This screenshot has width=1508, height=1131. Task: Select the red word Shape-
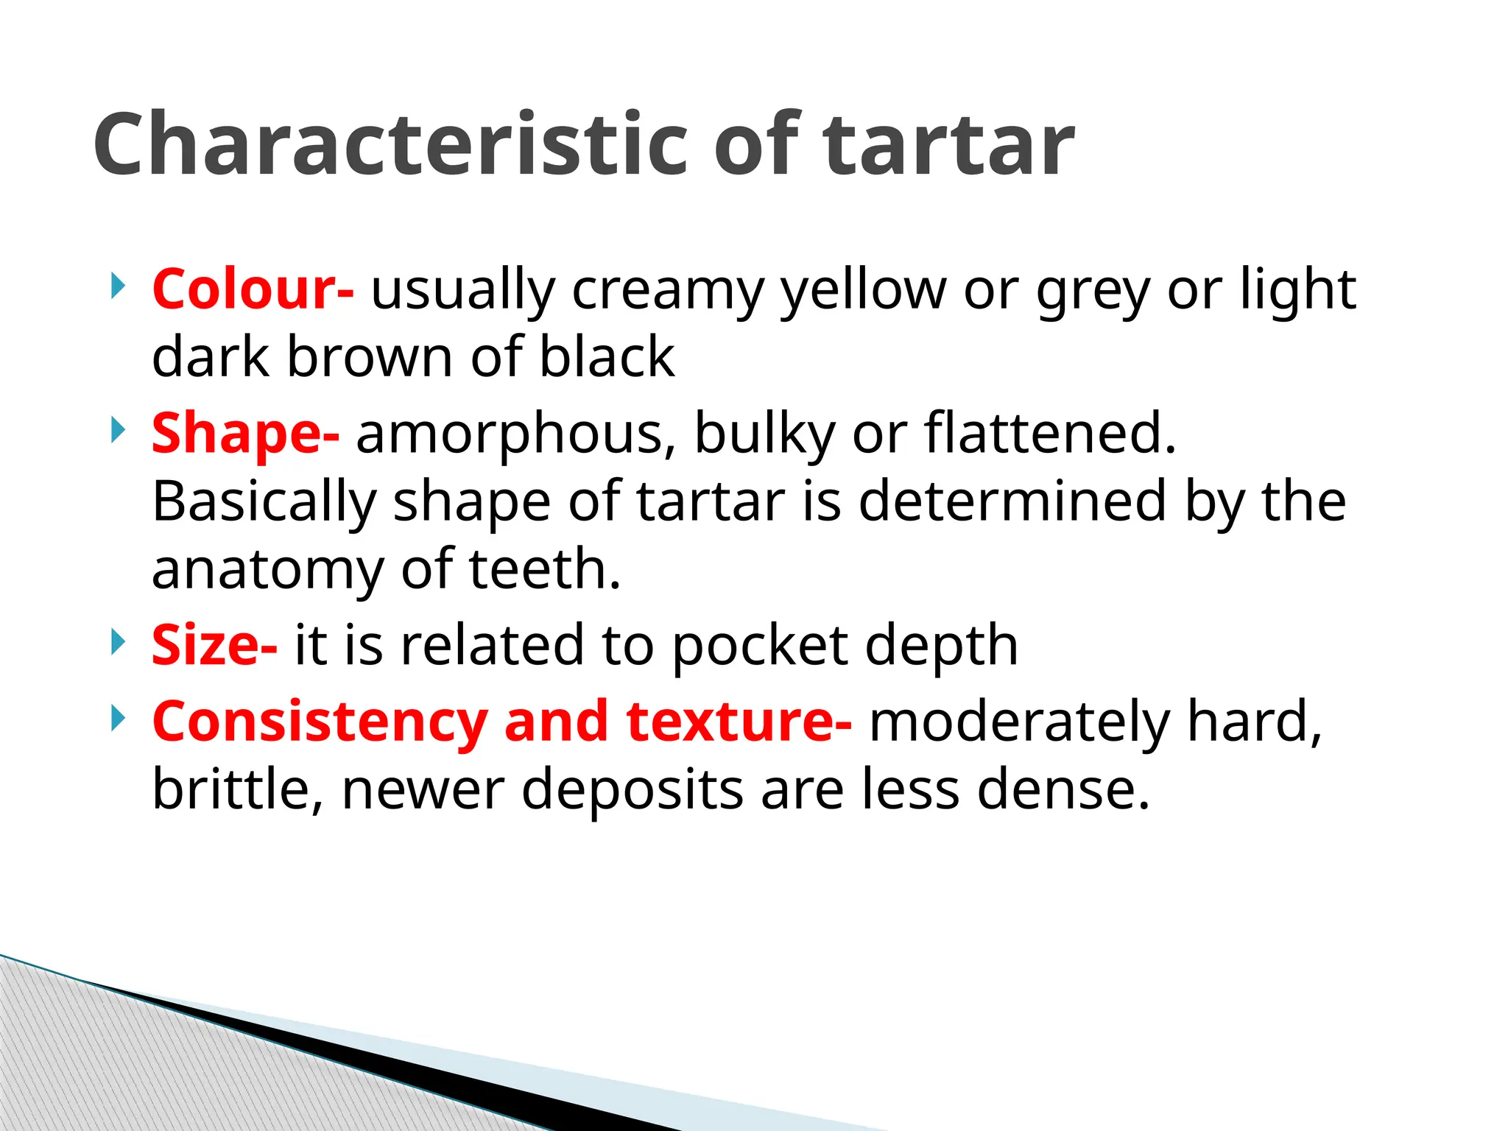coord(245,433)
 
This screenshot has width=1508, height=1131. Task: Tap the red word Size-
coord(214,645)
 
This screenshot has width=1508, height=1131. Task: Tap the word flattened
coord(1049,433)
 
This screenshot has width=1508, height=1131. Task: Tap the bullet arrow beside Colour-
coord(116,286)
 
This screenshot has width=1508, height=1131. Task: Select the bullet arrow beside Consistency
coord(116,717)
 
